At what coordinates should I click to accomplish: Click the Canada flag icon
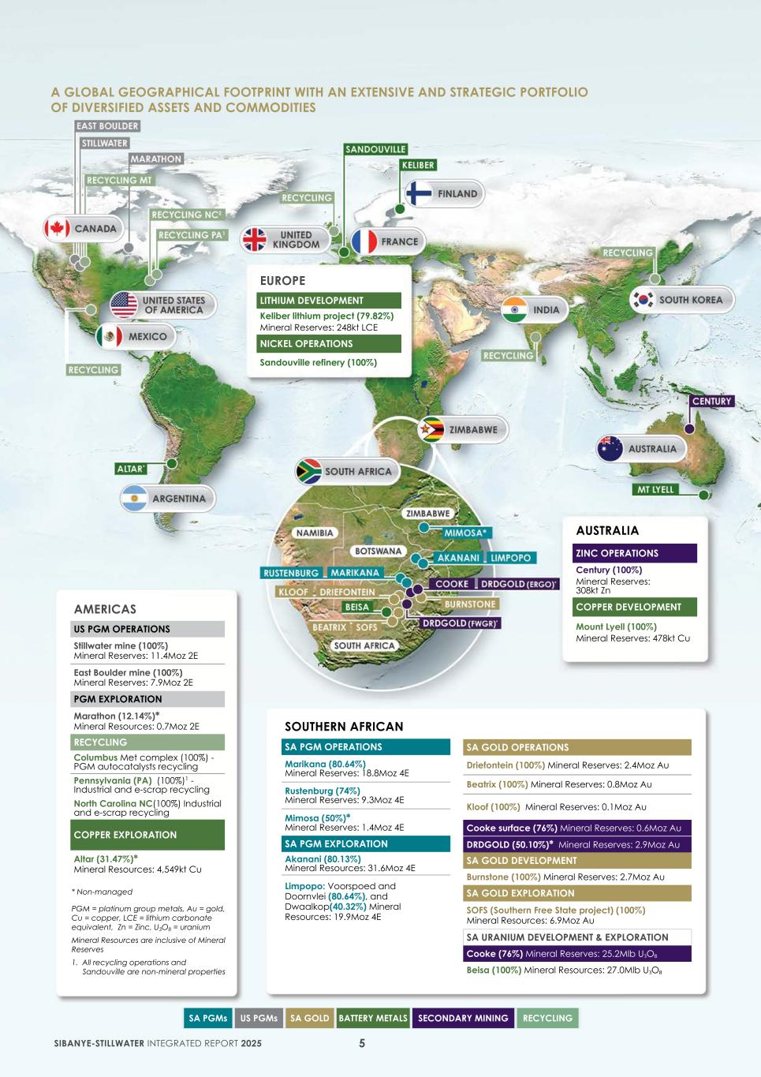pos(57,229)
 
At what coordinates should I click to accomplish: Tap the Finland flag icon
pos(419,193)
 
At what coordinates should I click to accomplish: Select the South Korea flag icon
pos(643,300)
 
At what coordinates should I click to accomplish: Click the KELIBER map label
pos(418,165)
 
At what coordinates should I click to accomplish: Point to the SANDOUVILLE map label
pos(375,149)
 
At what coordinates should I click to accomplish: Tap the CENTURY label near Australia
pos(711,401)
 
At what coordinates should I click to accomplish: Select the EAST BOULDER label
pos(107,126)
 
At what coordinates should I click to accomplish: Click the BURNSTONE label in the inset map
pos(470,604)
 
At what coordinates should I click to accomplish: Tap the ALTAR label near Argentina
pos(131,469)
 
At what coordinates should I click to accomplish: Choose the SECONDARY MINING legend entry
pos(463,1018)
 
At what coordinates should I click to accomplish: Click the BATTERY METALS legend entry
pos(373,1018)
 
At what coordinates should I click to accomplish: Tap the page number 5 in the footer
pos(362,1043)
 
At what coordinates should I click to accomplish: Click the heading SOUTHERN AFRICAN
pos(344,727)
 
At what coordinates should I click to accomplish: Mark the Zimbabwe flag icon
pos(432,430)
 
